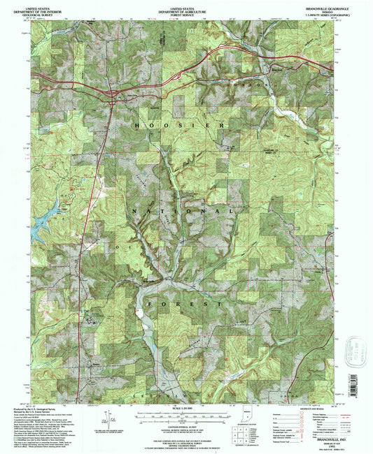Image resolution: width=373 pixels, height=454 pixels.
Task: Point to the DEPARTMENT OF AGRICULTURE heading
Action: click(x=186, y=8)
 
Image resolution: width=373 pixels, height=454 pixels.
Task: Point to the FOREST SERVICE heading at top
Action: click(x=186, y=12)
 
